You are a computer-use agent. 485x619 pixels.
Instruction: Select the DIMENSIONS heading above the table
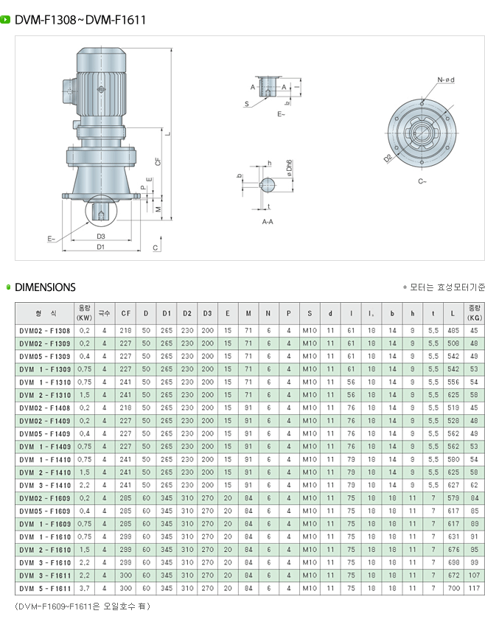click(x=45, y=287)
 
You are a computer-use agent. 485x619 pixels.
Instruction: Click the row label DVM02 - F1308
click(x=45, y=331)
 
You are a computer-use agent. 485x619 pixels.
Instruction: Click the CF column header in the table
click(x=125, y=313)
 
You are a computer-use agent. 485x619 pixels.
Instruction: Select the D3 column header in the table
click(x=207, y=313)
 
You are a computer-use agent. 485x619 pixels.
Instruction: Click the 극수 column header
click(x=105, y=313)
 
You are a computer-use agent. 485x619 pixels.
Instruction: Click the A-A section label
click(x=268, y=220)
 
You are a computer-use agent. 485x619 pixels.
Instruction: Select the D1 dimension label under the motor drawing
click(x=101, y=247)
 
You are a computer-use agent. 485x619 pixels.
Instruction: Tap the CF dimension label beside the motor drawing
click(x=158, y=161)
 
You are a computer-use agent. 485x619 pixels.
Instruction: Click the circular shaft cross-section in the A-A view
click(x=267, y=184)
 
